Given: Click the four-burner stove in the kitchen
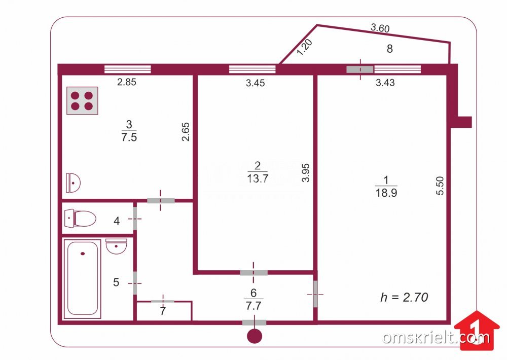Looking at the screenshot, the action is [82, 100].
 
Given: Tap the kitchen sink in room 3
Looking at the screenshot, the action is [73, 183].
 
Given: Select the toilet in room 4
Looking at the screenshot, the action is [80, 219].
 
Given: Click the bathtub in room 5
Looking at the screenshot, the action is [83, 279].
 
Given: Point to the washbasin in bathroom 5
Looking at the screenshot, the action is [116, 246].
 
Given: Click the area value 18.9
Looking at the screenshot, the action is [386, 193].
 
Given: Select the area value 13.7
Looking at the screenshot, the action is [258, 178].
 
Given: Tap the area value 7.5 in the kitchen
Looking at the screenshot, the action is [129, 137].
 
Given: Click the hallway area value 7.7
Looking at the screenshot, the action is [253, 305].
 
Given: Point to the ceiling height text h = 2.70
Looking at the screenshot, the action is [404, 297].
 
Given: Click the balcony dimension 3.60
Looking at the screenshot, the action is [380, 28].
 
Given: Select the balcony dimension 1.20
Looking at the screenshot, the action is [304, 47].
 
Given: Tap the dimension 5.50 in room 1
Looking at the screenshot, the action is [440, 186].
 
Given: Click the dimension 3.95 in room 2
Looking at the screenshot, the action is [306, 173].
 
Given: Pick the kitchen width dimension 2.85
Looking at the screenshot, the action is [126, 82].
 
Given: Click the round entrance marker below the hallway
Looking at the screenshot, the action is [255, 336].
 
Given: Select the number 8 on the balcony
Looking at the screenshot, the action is [389, 49].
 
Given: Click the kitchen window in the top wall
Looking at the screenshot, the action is [128, 69].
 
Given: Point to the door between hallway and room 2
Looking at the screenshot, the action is [254, 273].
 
